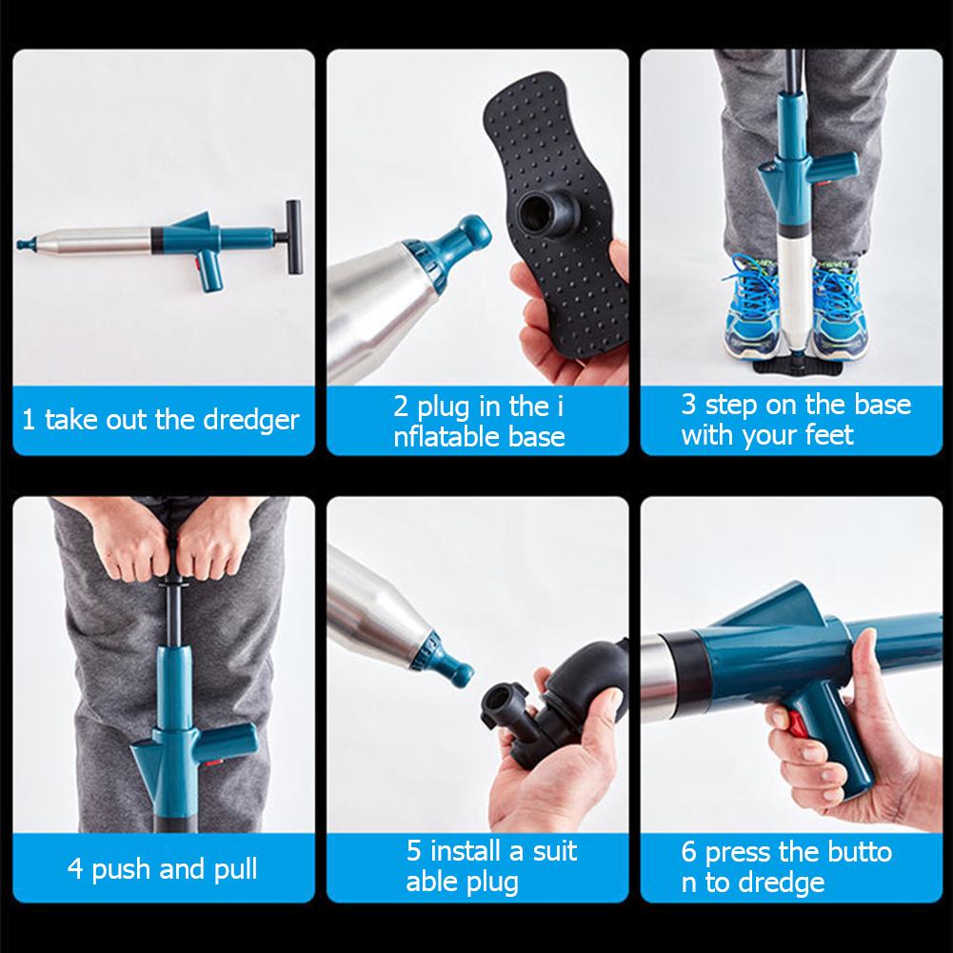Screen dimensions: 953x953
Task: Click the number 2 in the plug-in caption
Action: [x=402, y=407]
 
